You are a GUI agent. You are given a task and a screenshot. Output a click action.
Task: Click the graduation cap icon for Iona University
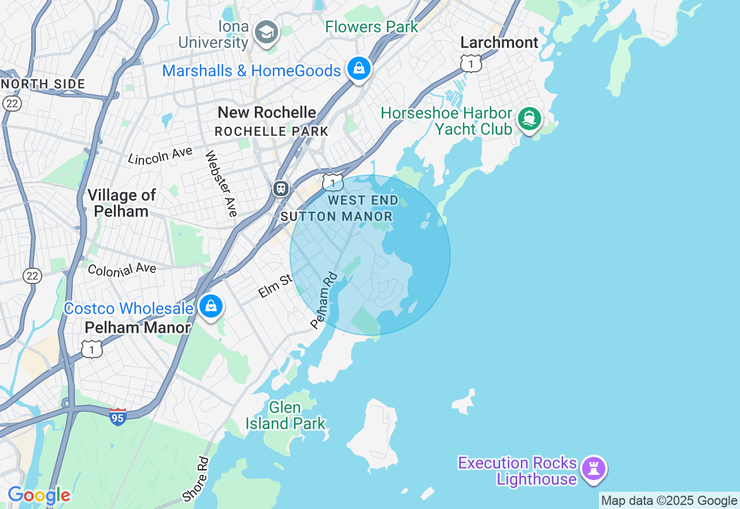point(267,32)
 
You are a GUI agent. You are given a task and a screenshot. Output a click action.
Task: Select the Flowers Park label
point(371,27)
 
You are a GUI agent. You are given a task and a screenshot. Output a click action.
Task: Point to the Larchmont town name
point(499,42)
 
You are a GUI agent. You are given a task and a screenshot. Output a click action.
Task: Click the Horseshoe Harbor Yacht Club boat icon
point(530,119)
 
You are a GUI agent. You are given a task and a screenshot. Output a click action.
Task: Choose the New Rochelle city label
point(267,112)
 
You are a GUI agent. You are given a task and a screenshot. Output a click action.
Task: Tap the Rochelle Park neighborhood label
point(271,131)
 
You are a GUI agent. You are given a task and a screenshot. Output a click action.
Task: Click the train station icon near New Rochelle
point(281,188)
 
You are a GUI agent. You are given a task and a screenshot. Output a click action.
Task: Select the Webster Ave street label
point(221,183)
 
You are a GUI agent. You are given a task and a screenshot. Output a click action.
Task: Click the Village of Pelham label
point(121,203)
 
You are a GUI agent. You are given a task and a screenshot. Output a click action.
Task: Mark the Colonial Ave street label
point(122,269)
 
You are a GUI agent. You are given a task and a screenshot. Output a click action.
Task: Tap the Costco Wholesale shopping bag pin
point(211,306)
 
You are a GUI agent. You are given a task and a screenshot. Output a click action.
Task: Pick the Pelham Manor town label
point(137,327)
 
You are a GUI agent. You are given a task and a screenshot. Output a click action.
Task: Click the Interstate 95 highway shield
point(117,416)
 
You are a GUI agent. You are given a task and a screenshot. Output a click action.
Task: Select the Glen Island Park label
point(286,415)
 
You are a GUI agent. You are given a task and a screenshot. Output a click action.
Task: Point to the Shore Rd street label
point(195,479)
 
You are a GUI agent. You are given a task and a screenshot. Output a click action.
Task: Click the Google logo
point(39,496)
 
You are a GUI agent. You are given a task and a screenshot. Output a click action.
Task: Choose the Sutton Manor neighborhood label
point(336,217)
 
